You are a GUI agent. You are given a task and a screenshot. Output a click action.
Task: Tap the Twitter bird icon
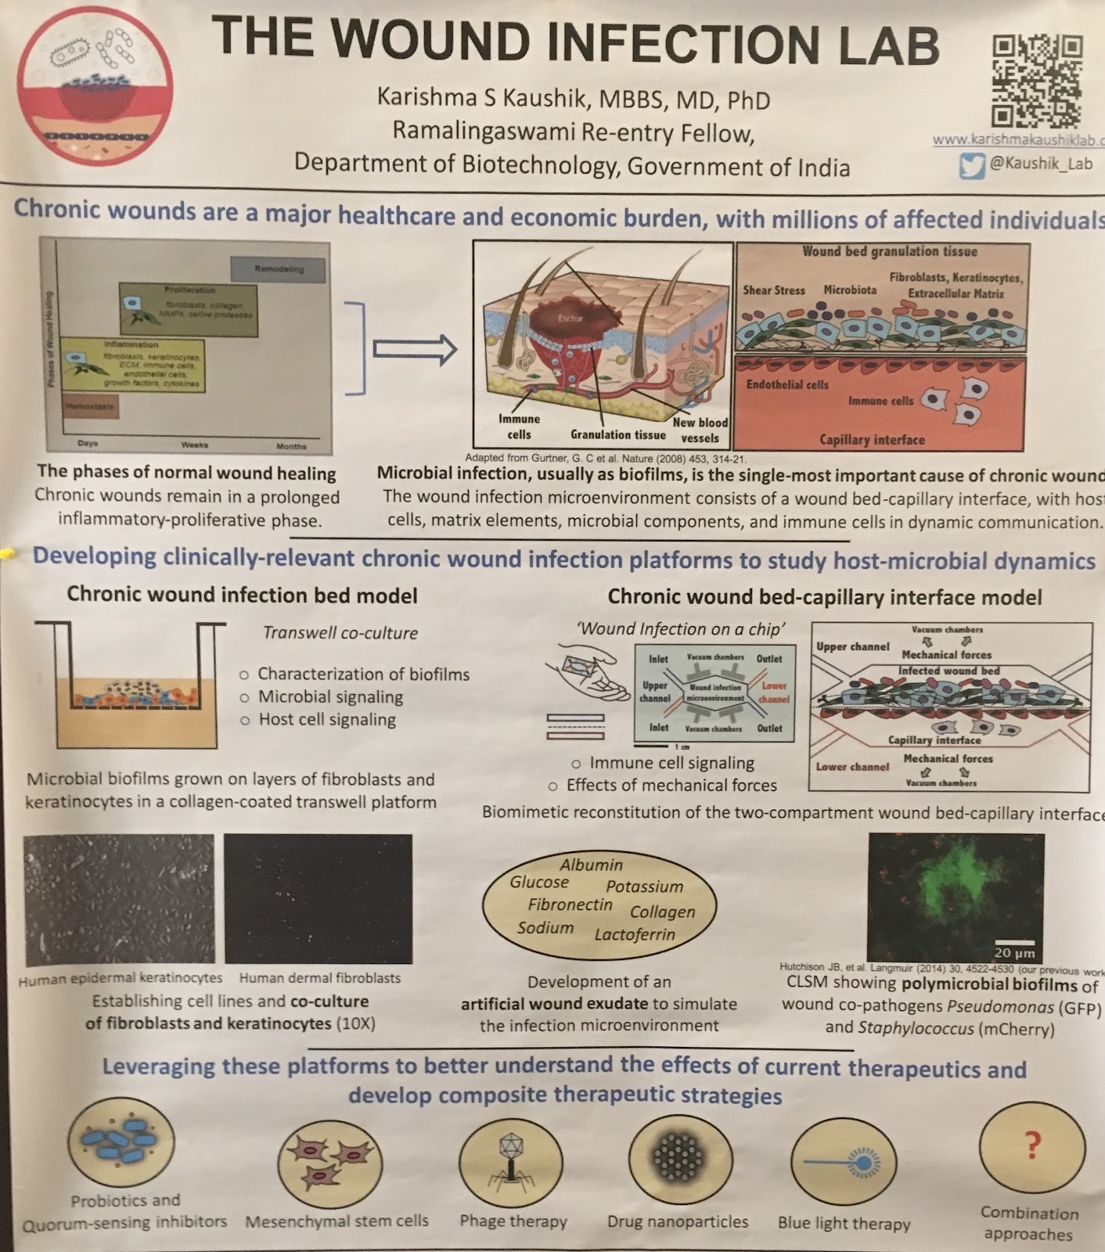click(971, 165)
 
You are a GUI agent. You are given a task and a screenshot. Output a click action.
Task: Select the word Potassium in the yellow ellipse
click(644, 887)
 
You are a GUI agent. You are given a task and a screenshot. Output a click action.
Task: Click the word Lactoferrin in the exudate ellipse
click(634, 934)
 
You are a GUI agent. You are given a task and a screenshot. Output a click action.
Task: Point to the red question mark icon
click(1032, 1146)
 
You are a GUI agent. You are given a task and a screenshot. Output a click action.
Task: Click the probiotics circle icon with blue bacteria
click(121, 1142)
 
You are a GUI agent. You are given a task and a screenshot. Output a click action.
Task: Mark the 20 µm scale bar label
click(1014, 952)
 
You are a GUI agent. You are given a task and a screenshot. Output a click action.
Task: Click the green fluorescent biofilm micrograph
click(956, 897)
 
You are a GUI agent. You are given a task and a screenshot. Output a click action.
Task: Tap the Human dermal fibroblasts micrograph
click(318, 898)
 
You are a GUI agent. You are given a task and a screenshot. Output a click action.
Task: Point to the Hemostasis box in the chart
click(90, 407)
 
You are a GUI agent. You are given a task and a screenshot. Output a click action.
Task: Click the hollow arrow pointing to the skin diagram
click(414, 349)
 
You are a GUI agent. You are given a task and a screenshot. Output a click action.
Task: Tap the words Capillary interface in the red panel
click(872, 440)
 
